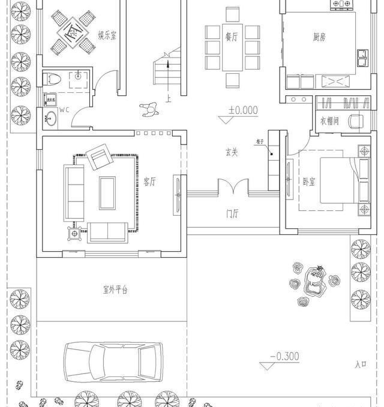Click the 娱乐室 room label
click(107, 35)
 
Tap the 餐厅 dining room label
click(232, 36)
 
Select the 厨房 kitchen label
click(319, 37)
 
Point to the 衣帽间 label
click(330, 120)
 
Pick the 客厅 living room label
click(149, 181)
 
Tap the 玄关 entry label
click(231, 153)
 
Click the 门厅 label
click(233, 213)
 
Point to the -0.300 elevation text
click(284, 356)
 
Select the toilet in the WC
click(53, 79)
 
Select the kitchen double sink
click(363, 58)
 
